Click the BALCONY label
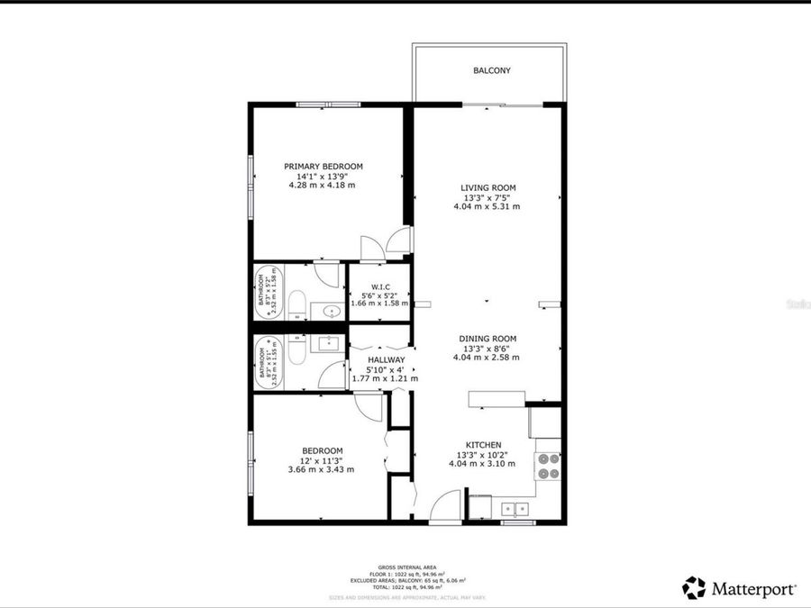492,70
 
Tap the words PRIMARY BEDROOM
323,167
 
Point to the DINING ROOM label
487,339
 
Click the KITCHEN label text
483,445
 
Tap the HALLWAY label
385,360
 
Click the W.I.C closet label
378,286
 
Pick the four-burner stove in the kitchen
548,466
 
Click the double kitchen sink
515,508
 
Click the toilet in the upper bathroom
297,304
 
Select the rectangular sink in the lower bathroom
326,343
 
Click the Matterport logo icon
693,588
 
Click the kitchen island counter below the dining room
497,399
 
